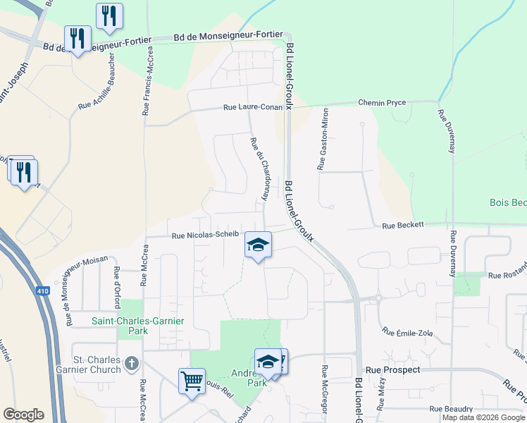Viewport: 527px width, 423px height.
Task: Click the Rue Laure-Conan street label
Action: point(253,108)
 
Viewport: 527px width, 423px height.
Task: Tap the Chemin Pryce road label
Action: point(382,102)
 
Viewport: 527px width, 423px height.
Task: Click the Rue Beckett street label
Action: point(403,225)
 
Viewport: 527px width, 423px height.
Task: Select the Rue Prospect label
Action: point(392,369)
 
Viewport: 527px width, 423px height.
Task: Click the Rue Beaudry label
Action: point(451,408)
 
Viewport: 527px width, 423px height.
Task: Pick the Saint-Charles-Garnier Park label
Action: point(138,326)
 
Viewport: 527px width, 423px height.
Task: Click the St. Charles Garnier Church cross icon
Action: point(130,364)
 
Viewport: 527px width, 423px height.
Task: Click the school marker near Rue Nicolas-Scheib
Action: point(258,245)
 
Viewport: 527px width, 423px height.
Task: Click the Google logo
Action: point(23,415)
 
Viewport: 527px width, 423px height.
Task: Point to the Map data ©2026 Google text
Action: point(483,417)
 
